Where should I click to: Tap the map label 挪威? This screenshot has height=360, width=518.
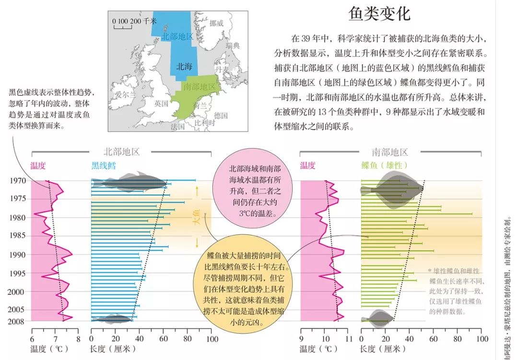coord(216,23)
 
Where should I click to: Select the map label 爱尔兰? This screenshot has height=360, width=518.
coord(126,95)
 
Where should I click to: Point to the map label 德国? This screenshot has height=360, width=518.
coord(221,116)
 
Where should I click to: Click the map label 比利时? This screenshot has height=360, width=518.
coord(204,123)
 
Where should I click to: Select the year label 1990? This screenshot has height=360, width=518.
coord(18,255)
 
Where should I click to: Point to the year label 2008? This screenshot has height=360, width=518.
coord(18,321)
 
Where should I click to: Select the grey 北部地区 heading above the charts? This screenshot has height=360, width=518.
coord(122,152)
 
